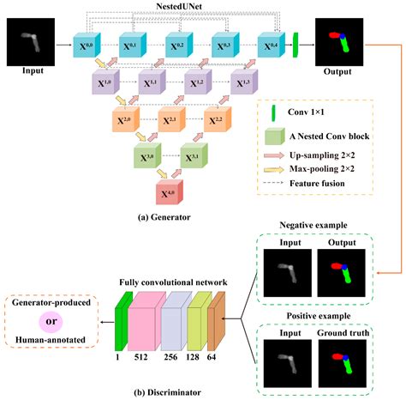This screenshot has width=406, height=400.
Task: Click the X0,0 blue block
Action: coord(87,44)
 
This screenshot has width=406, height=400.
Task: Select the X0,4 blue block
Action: coord(272,44)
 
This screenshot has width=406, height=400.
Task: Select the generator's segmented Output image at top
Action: coord(339,40)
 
